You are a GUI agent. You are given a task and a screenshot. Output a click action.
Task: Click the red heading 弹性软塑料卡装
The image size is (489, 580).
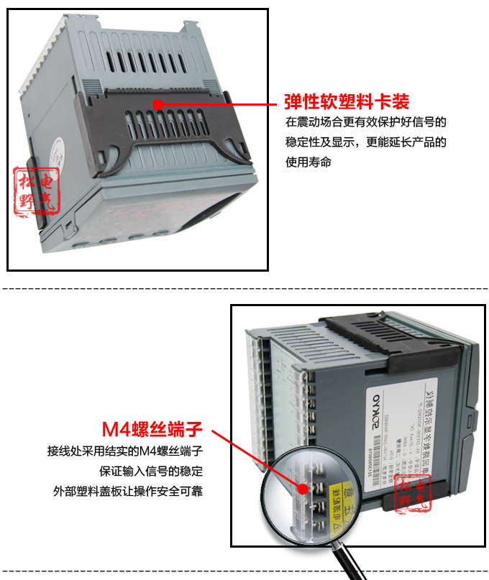point(347,100)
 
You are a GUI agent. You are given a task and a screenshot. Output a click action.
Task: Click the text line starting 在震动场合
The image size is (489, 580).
point(365,122)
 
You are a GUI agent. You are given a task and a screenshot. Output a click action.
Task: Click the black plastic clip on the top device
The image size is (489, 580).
point(173,133)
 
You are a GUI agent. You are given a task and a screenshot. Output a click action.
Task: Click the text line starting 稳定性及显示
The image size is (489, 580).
point(365,142)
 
